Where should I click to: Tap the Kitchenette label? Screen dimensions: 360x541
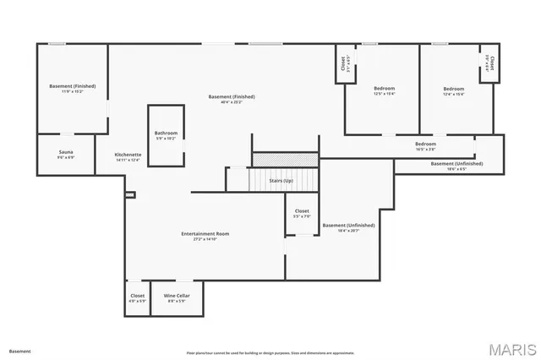(x=128, y=157)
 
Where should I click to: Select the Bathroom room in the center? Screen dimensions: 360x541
(x=166, y=135)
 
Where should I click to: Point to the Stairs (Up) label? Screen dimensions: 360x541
(x=281, y=181)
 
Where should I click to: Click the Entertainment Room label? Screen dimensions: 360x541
(x=205, y=236)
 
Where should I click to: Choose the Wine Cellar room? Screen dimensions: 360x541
(x=176, y=298)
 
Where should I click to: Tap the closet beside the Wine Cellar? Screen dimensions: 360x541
(x=137, y=298)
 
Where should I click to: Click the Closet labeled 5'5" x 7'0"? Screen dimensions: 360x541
(x=302, y=213)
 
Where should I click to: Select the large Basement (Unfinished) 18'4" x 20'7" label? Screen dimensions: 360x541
(x=348, y=227)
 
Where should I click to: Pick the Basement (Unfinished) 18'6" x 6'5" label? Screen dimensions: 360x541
(x=456, y=166)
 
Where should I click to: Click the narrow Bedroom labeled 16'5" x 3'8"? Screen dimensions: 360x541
(x=425, y=146)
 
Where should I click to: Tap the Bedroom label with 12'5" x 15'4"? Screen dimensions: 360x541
(x=384, y=90)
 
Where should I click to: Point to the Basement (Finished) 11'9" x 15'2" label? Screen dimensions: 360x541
(x=72, y=88)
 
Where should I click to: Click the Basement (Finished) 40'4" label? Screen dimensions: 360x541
(x=232, y=99)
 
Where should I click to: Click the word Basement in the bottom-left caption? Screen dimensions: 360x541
(x=19, y=351)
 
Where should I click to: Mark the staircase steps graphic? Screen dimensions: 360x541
(x=285, y=159)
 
